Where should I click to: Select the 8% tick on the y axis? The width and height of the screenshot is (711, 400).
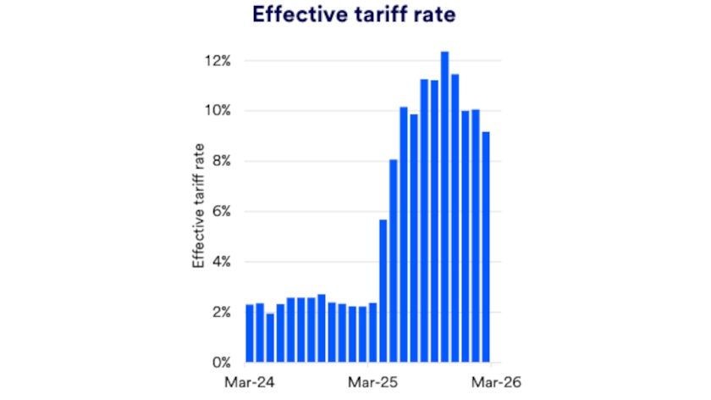[x=218, y=161]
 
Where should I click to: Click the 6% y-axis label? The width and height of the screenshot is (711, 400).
[x=218, y=212]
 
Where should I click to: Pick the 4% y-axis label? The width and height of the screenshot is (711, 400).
[x=218, y=262]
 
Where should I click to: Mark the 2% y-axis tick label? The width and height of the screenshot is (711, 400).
[x=218, y=312]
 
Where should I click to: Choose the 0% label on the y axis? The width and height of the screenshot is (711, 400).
[x=218, y=363]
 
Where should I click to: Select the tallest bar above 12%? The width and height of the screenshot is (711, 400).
[x=444, y=207]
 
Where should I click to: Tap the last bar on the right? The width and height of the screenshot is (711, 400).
[x=486, y=247]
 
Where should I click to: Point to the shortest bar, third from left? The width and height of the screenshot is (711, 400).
[x=270, y=337]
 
